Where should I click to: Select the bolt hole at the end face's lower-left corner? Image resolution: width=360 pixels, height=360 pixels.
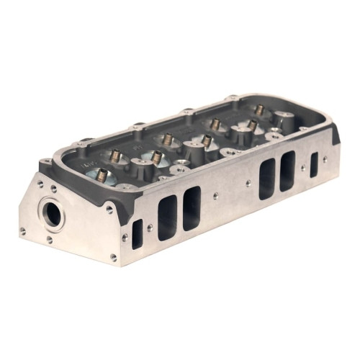pyautogui.click(x=22, y=230)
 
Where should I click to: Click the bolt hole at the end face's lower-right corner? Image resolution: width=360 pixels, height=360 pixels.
pyautogui.click(x=113, y=256)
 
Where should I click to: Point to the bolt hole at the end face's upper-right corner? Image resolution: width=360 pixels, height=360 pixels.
pyautogui.click(x=109, y=210)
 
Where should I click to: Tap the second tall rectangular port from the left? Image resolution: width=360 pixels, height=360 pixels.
pyautogui.click(x=192, y=207)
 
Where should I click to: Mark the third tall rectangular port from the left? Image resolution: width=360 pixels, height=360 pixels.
pyautogui.click(x=267, y=178)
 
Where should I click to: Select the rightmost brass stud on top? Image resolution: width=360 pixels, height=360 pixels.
pyautogui.click(x=259, y=110)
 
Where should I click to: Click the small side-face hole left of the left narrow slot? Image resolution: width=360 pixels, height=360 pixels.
pyautogui.click(x=125, y=237)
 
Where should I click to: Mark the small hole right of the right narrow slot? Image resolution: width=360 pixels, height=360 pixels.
pyautogui.click(x=325, y=160)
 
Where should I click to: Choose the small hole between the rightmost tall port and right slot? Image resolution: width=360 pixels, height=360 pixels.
pyautogui.click(x=302, y=168)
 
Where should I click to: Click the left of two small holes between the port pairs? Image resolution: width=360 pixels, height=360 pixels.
pyautogui.click(x=215, y=195)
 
